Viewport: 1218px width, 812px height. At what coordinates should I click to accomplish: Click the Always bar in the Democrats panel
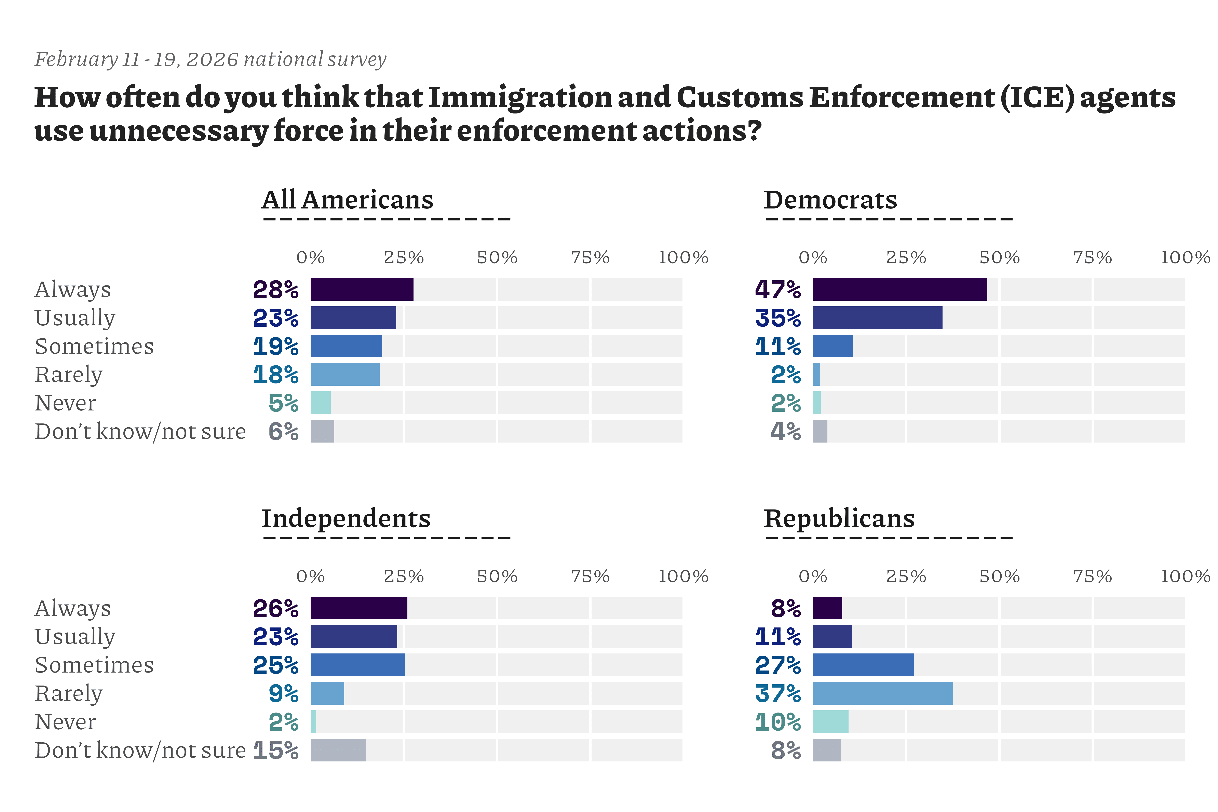(x=899, y=289)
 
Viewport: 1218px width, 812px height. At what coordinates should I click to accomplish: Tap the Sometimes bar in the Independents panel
(x=357, y=665)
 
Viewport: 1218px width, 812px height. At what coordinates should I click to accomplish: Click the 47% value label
(x=778, y=289)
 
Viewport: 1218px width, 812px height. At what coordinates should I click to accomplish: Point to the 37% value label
(x=778, y=693)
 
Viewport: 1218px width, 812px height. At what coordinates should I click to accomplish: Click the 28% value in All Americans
(x=275, y=289)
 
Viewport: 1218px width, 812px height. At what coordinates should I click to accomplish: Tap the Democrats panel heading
(x=830, y=200)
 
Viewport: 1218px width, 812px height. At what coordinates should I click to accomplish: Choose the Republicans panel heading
(x=839, y=518)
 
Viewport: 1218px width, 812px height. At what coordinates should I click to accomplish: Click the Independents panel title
(x=346, y=518)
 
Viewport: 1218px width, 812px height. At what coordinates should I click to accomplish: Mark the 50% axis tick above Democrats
(x=999, y=257)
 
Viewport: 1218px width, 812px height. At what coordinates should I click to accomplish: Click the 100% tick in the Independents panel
(x=682, y=576)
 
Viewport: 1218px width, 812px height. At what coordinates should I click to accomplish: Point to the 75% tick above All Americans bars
(x=590, y=257)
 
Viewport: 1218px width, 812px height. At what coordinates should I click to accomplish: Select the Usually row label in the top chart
(x=75, y=318)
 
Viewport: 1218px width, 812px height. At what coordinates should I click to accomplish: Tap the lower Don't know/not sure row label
(x=140, y=750)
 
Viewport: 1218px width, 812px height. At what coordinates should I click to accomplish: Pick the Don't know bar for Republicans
(x=826, y=750)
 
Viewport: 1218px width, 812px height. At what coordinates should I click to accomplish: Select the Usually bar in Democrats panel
(x=877, y=317)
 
